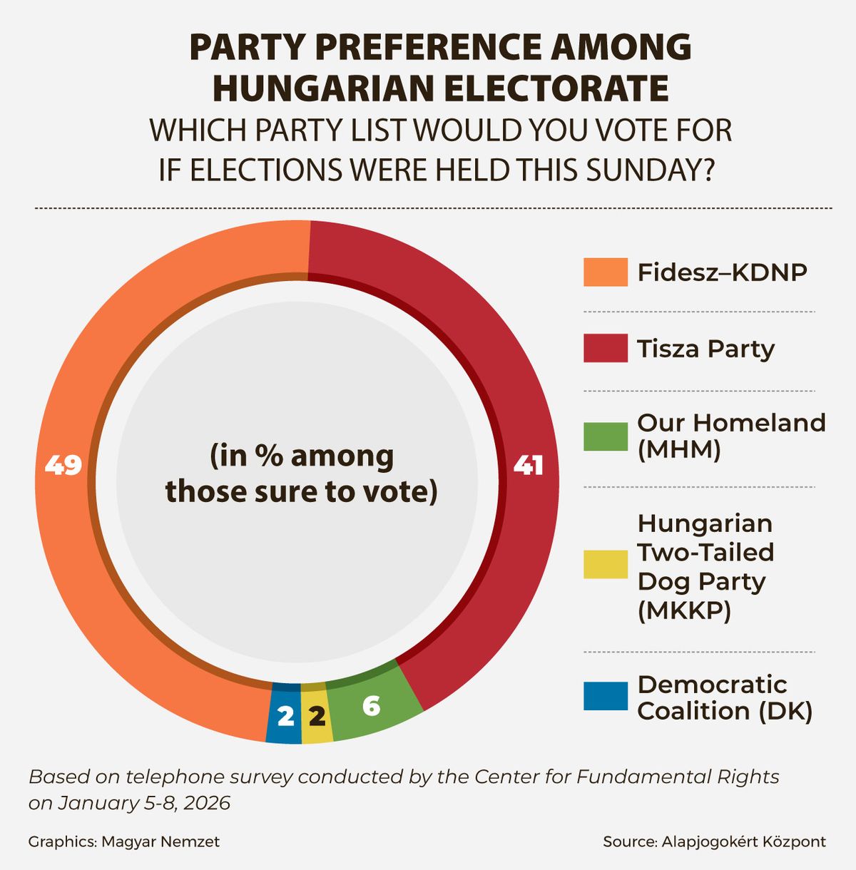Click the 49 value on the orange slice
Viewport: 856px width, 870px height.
pyautogui.click(x=63, y=466)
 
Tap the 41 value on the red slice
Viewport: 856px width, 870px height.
pyautogui.click(x=529, y=466)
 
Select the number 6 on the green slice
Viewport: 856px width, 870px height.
pyautogui.click(x=371, y=706)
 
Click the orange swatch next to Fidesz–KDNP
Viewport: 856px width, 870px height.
pyautogui.click(x=605, y=272)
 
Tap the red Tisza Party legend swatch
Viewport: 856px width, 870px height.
pyautogui.click(x=605, y=349)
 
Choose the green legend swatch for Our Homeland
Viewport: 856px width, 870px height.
pyautogui.click(x=605, y=436)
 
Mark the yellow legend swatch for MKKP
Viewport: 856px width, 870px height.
pyautogui.click(x=605, y=564)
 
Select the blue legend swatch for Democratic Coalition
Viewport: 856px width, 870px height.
pyautogui.click(x=605, y=696)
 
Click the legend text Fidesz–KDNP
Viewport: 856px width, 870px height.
pyautogui.click(x=722, y=272)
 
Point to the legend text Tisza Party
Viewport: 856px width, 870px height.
pyautogui.click(x=705, y=349)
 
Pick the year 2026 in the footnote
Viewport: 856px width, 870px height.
pyautogui.click(x=207, y=803)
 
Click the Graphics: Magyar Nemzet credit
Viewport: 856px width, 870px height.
pyautogui.click(x=124, y=841)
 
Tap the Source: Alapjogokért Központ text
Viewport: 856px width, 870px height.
pyautogui.click(x=714, y=841)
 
